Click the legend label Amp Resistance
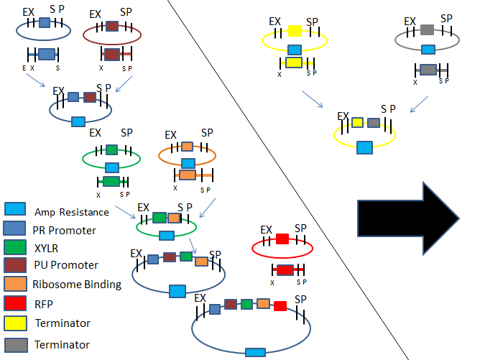[72, 212]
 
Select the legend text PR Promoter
[64, 229]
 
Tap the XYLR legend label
[47, 247]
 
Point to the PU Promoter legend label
[65, 265]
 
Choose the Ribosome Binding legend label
[77, 284]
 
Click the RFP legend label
[43, 303]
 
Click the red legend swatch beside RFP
[15, 303]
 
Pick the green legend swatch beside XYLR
[15, 246]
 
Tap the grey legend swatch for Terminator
[15, 343]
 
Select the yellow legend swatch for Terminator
[15, 323]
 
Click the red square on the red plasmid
[282, 238]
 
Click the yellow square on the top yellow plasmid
[294, 31]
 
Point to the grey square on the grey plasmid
[427, 30]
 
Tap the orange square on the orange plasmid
[186, 147]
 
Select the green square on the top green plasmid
[111, 150]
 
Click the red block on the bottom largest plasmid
[280, 305]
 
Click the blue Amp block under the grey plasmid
[427, 50]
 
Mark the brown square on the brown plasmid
[112, 26]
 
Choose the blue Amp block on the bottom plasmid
[254, 352]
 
